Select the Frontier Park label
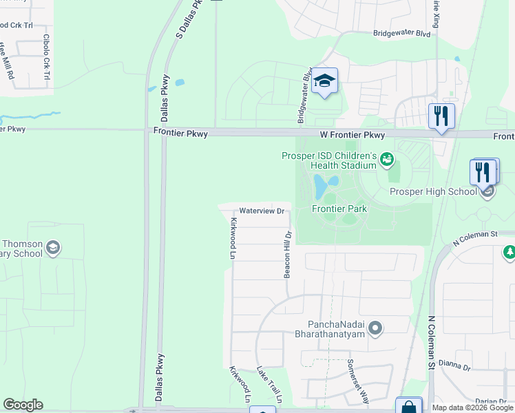coord(339,209)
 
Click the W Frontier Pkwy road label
coord(352,136)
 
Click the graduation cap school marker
coord(324,83)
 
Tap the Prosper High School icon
coord(487,191)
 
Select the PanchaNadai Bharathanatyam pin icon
coord(375,328)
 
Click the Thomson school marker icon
coord(54,248)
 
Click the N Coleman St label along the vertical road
coord(432,343)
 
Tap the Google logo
coord(23,405)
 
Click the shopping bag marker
coord(408,406)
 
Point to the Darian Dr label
coord(491,401)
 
